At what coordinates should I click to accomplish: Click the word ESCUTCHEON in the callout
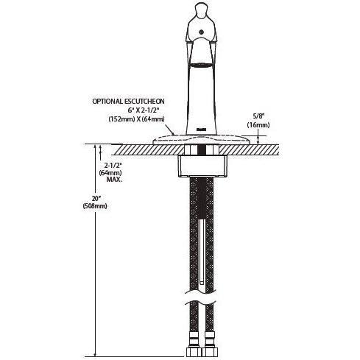pos(144,102)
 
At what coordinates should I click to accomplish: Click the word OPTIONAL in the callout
pos(107,102)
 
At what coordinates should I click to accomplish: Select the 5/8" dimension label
pos(258,116)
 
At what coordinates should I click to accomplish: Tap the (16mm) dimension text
pos(258,125)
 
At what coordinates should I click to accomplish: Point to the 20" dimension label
pos(94,199)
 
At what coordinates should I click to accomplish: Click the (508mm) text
pos(95,206)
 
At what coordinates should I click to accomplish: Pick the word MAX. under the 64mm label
pos(114,180)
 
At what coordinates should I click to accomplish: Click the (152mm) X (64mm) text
pos(136,119)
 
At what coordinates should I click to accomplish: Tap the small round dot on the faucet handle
pos(202,32)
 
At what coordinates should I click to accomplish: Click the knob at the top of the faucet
pos(200,10)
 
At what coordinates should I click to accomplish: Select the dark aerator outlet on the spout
pos(201,65)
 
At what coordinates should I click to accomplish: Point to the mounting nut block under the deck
pos(202,166)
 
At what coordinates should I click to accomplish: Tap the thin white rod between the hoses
pos(202,253)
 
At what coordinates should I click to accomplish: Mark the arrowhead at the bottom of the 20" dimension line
pos(95,353)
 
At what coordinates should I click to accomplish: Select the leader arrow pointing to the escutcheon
pos(170,130)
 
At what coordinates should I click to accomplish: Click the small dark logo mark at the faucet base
pos(201,129)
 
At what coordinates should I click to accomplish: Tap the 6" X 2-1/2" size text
pos(144,110)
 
